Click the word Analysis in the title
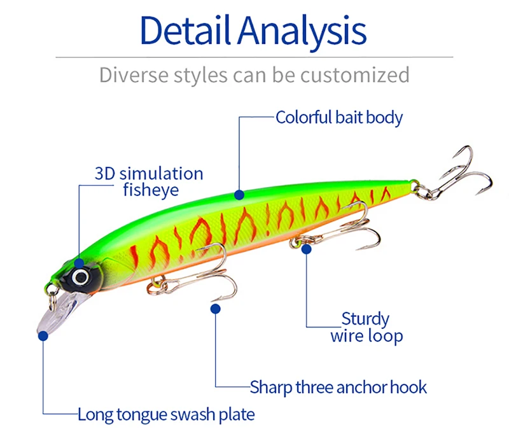304,30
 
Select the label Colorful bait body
338,117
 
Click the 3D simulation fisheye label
149,181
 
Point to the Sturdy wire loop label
366,327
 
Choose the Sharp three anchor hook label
338,387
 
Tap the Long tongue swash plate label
166,415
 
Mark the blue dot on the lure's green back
239,194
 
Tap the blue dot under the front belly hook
215,309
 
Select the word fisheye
151,190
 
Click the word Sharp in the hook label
271,387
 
